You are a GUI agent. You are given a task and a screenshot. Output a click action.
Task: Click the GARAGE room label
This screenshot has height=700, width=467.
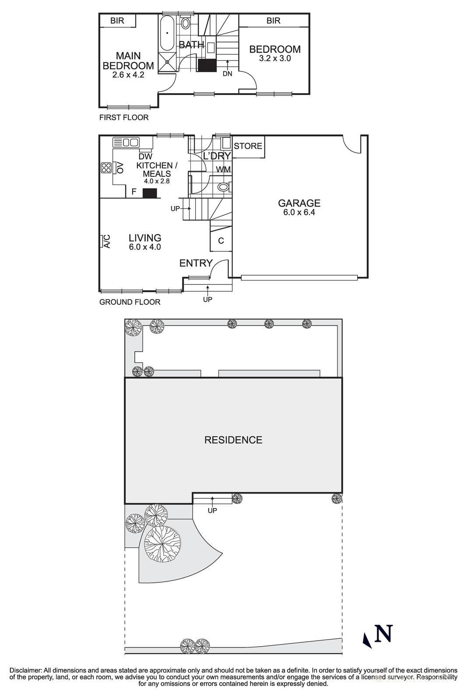(299, 203)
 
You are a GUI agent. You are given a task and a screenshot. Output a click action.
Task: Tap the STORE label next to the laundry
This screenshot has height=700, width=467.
(248, 146)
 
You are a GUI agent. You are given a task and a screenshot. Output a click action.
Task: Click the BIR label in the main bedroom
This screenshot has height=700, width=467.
(117, 21)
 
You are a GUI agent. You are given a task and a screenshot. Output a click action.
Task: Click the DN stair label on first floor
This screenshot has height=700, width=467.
(227, 73)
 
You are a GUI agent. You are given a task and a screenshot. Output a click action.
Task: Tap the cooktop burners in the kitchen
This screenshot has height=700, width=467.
(105, 168)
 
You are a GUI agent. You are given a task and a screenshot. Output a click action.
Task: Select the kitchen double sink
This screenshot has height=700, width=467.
(126, 142)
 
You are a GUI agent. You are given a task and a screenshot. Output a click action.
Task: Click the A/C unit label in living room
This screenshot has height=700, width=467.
(106, 241)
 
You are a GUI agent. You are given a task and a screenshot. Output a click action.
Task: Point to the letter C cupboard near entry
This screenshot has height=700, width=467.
(221, 241)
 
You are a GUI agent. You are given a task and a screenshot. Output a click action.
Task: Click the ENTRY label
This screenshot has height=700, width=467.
(196, 263)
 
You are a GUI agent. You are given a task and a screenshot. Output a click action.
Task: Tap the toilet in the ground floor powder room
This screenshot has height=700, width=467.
(224, 187)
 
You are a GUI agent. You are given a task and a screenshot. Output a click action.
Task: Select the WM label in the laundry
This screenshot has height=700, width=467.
(223, 169)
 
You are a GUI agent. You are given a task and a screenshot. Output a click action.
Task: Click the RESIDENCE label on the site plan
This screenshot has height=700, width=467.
(233, 440)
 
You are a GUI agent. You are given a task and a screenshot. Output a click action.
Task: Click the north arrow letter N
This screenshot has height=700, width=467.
(383, 633)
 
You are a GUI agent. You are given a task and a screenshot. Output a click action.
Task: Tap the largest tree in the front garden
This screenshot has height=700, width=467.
(162, 543)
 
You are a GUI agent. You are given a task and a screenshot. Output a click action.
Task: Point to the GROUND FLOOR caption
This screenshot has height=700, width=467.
(130, 302)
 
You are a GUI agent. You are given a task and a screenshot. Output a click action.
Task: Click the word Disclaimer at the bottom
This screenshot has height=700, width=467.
(26, 670)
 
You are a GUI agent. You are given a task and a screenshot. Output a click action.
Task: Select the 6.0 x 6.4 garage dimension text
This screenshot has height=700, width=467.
(299, 213)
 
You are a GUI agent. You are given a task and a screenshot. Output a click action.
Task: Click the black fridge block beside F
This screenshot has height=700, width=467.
(150, 193)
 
